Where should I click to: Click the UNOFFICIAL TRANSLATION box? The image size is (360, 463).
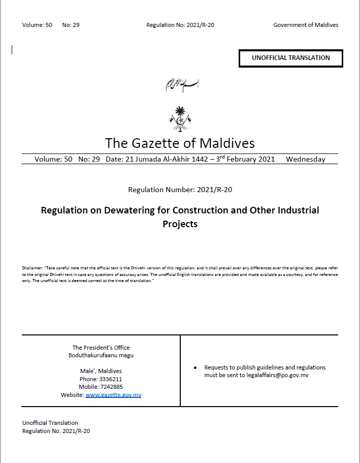pos(291,58)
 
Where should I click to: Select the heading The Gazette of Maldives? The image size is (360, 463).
pos(180,143)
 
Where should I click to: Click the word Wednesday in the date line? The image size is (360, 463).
pos(305,159)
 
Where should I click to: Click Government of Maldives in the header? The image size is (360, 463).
pos(306,25)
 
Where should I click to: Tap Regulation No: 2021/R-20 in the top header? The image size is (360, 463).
pos(180,25)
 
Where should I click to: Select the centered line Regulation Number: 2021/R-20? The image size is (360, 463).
pos(180,190)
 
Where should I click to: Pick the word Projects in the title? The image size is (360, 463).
pos(180,224)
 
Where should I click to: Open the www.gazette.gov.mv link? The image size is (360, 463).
pos(113,395)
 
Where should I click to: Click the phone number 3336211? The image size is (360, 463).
pos(111,379)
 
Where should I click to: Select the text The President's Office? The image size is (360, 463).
pos(101,348)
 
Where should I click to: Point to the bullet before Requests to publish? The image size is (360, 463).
pos(195,367)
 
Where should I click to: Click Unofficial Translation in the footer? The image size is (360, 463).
pos(50,423)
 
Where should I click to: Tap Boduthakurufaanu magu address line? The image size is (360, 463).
pos(101,355)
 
